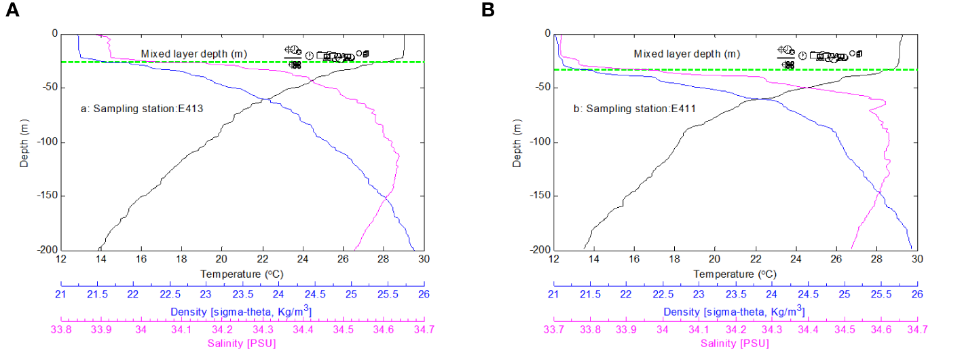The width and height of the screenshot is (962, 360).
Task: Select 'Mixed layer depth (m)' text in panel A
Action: click(x=193, y=54)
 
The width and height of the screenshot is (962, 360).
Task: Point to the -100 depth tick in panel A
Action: click(x=47, y=142)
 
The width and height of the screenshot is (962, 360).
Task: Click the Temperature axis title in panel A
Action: click(x=242, y=273)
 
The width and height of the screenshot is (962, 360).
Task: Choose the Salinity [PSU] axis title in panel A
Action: click(x=242, y=343)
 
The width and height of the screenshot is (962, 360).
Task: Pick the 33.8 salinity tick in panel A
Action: click(x=61, y=329)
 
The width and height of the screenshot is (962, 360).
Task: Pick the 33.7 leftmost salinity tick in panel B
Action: click(x=554, y=329)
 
